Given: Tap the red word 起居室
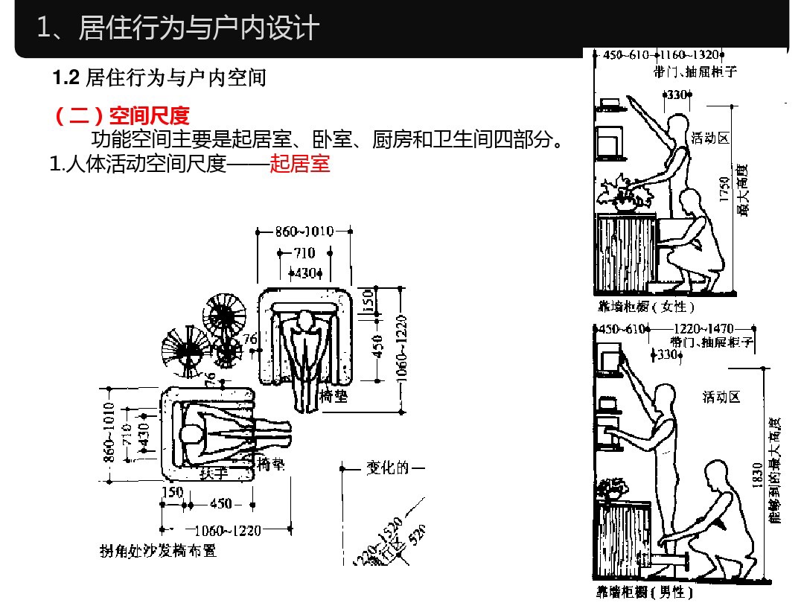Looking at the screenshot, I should [300, 164].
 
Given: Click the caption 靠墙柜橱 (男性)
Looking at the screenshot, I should [645, 592].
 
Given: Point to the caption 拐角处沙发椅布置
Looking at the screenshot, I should [159, 551].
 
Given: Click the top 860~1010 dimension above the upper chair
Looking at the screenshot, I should [304, 232].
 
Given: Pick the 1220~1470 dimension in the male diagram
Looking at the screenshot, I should [703, 328].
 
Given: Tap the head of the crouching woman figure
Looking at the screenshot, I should [692, 201].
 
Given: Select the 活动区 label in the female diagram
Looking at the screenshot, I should [709, 138].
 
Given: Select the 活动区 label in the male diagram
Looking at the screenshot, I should [721, 397].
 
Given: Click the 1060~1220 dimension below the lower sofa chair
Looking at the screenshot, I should [227, 530].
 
